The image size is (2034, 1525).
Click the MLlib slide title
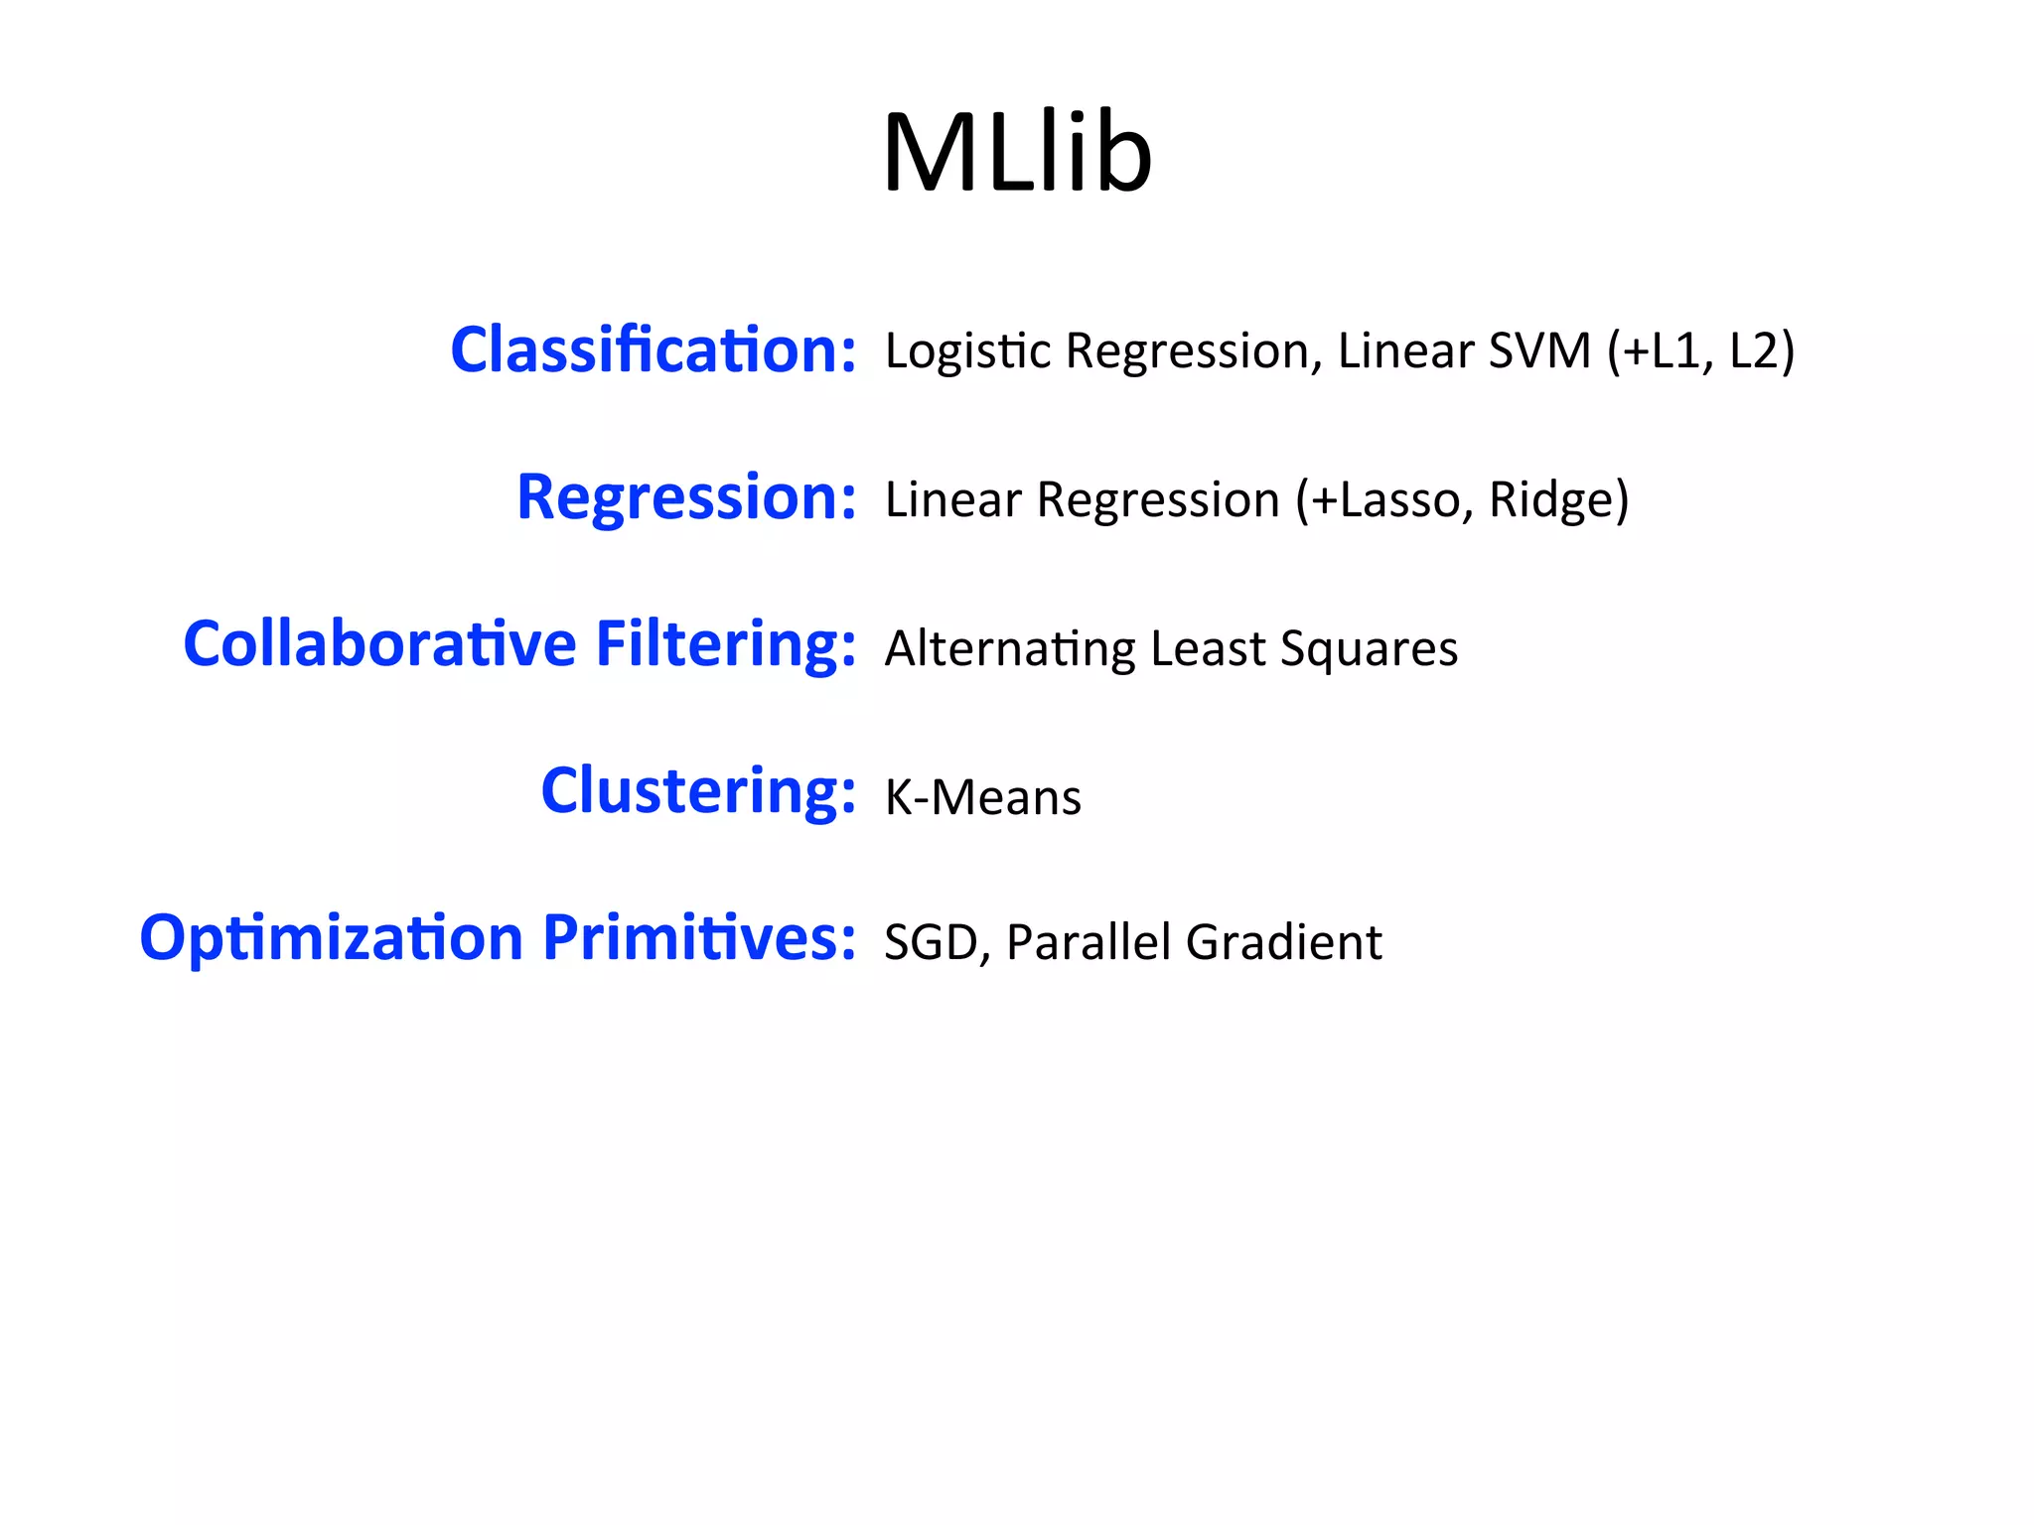coord(1017,154)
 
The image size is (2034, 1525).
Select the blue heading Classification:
coord(653,350)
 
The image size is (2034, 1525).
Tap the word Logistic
coord(967,351)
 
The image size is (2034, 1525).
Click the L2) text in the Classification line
coord(1762,350)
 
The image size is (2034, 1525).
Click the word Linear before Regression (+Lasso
coord(952,499)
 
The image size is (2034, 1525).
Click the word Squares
coord(1369,649)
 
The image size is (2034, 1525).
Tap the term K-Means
coord(982,797)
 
